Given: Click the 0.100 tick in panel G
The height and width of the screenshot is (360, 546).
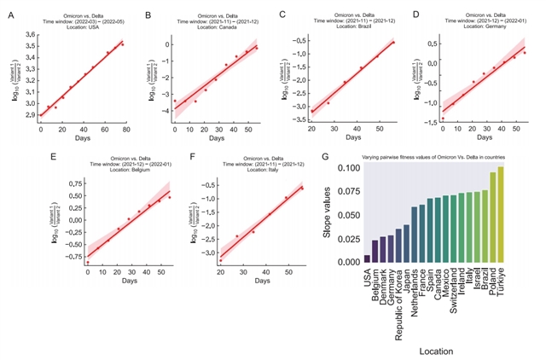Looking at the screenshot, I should pos(348,168).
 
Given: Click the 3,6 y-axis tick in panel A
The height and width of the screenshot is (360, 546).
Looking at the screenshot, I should pos(30,34).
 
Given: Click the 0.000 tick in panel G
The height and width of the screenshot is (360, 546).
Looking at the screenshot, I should pos(348,263).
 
